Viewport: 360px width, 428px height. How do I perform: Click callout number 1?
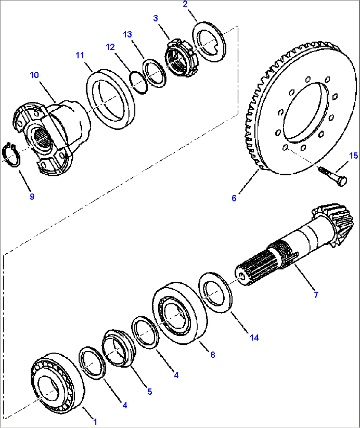pos(95,421)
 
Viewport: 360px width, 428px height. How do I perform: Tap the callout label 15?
pos(353,156)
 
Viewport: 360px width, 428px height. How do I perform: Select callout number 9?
pos(32,196)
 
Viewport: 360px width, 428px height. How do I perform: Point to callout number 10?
pos(34,75)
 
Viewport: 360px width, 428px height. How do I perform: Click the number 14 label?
pos(254,338)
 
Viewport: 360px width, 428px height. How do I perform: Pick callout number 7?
pos(316,295)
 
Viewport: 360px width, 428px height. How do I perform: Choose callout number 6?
pos(234,198)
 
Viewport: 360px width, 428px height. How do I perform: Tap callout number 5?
pos(150,392)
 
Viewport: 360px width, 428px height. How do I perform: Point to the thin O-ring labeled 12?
pos(138,83)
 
